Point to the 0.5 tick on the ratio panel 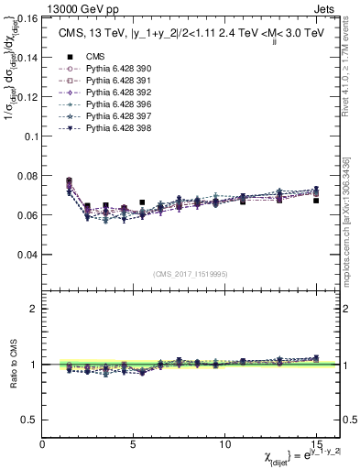[x=30, y=420]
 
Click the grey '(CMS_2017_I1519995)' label [x=191, y=274]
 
